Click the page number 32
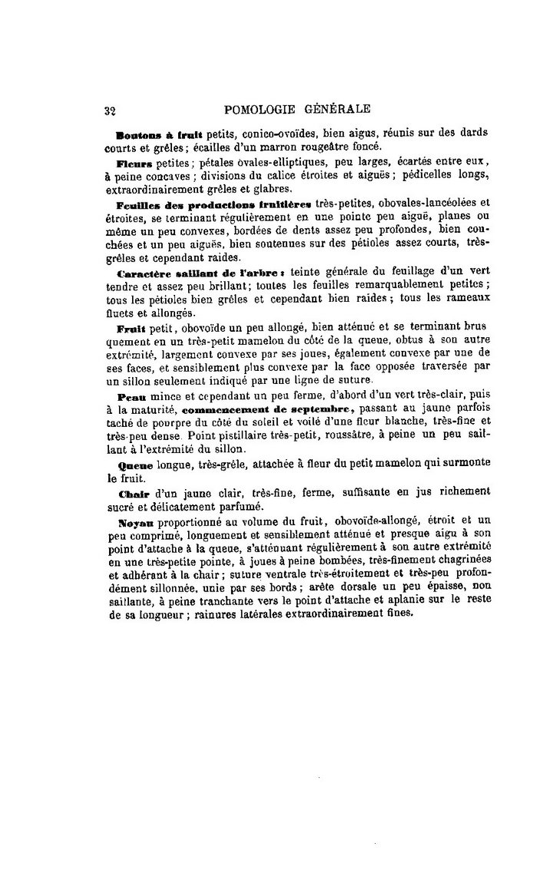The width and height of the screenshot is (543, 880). tap(108, 109)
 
